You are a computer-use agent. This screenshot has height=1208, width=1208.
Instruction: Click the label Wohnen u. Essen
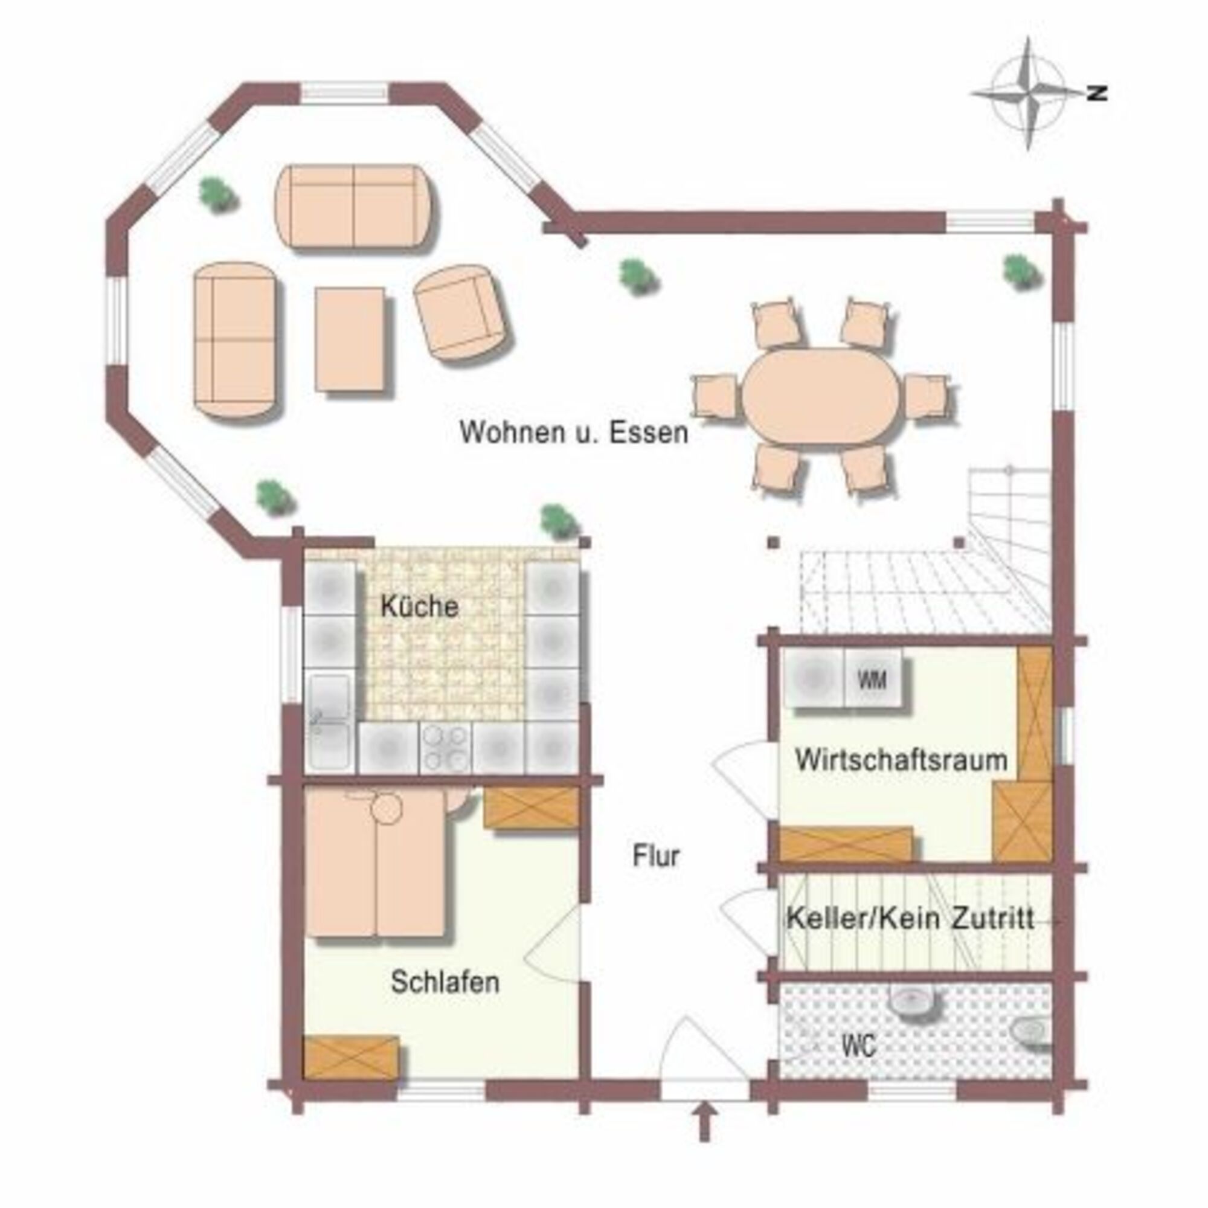pos(574,432)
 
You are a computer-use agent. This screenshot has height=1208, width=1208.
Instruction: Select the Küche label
pos(420,606)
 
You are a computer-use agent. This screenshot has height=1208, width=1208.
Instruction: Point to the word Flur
pos(656,856)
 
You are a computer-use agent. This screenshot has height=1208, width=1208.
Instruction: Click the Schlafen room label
pos(445,982)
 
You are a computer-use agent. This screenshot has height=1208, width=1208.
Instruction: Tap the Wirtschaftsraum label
pos(901,760)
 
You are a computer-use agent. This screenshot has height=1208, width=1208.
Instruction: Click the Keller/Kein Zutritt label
pos(910,919)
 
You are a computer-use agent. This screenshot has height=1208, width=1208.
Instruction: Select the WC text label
pos(858,1046)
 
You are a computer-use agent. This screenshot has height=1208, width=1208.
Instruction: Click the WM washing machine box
pos(873,679)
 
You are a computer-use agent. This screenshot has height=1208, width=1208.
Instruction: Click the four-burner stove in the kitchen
pos(445,748)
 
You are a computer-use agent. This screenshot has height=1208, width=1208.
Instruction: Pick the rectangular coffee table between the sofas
pos(350,339)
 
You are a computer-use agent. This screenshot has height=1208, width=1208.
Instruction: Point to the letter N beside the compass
pos(1097,94)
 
